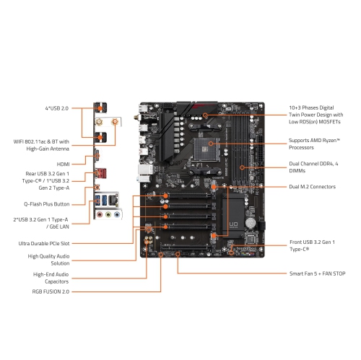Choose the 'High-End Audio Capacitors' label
point(52,278)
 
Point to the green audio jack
point(108,214)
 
